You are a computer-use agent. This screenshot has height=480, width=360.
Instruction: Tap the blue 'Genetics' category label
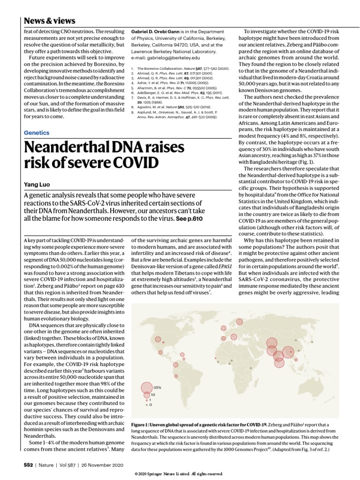coord(36,133)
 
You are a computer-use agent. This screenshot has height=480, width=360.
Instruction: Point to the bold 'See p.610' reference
coord(190,219)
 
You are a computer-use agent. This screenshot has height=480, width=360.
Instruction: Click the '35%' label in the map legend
coord(157,387)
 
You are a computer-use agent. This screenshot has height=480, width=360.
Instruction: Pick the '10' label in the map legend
coord(153,395)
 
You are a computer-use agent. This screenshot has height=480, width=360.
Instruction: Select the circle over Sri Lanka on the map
coord(279,362)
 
